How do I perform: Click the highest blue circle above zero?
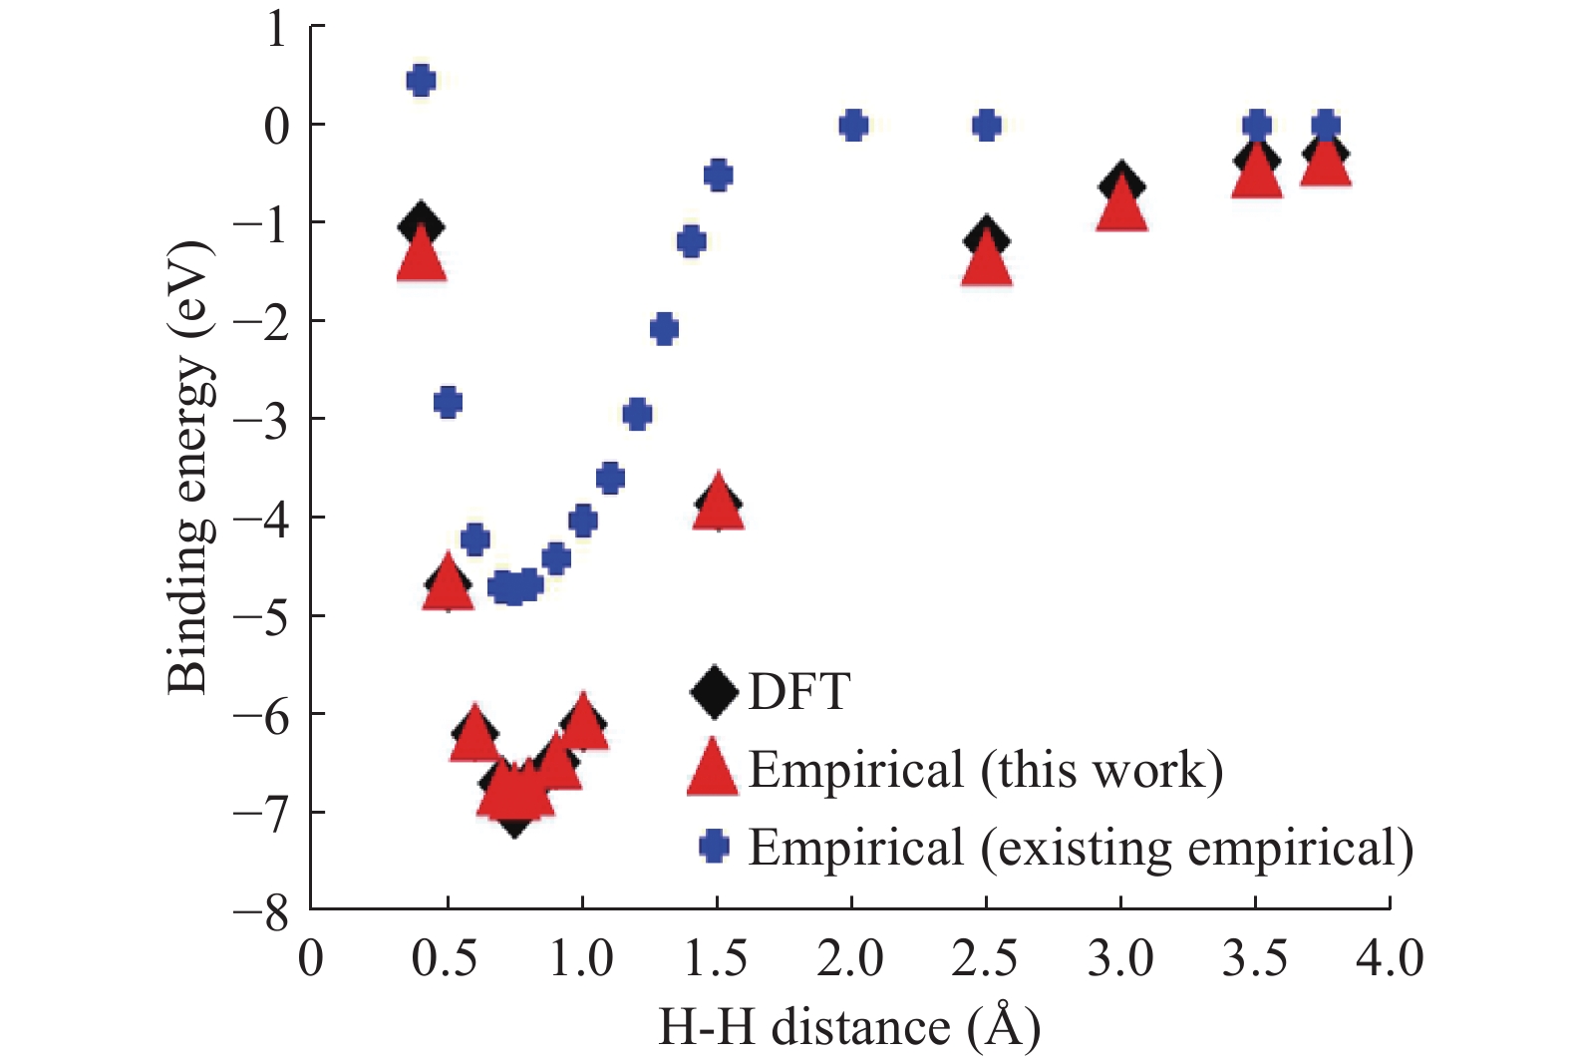pos(421,81)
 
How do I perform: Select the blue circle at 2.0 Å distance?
pos(852,126)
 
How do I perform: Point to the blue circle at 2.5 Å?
pos(986,126)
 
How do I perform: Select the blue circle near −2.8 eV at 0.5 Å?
pos(448,403)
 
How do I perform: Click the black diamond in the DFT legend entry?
pos(714,691)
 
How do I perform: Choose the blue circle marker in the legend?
pos(714,847)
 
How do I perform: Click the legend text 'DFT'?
pos(798,691)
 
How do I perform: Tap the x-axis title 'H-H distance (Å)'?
pos(849,1027)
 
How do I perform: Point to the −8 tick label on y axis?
pos(261,911)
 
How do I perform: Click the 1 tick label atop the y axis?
pos(275,30)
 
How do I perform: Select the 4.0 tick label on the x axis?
pos(1389,959)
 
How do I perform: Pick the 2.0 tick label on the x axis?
pos(850,959)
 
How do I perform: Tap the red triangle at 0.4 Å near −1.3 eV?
pos(421,257)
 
